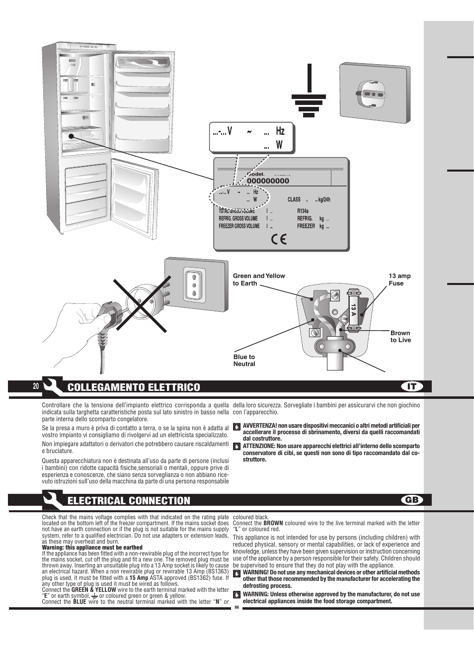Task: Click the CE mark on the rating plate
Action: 279,239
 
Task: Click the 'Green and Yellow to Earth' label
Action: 259,279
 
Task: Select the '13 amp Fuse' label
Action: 399,279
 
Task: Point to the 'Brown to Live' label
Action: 400,337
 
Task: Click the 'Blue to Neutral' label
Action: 244,360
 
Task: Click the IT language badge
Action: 412,386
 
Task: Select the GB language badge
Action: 412,500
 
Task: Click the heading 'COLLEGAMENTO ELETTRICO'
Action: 134,387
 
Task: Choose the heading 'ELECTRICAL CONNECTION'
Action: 129,501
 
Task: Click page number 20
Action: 36,387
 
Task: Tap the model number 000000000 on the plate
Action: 268,181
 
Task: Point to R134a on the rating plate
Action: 303,210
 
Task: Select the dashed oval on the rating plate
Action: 239,196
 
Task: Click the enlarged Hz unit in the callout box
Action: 280,131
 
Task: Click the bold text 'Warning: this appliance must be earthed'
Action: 92,548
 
